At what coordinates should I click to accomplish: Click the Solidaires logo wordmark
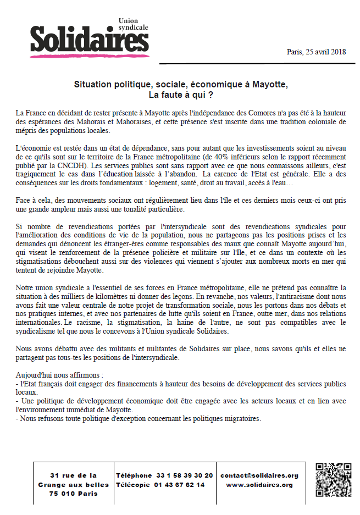coord(89,38)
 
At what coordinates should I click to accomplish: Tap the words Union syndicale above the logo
coord(134,24)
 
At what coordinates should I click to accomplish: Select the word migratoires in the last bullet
coord(240,418)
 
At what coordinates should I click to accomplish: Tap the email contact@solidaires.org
coord(259,475)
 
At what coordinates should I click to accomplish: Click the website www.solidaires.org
coord(259,485)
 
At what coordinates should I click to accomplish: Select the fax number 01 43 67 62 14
coord(180,485)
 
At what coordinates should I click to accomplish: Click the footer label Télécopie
coord(134,485)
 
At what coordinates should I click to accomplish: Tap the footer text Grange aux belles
coord(73,485)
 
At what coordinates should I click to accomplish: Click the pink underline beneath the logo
coord(88,56)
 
